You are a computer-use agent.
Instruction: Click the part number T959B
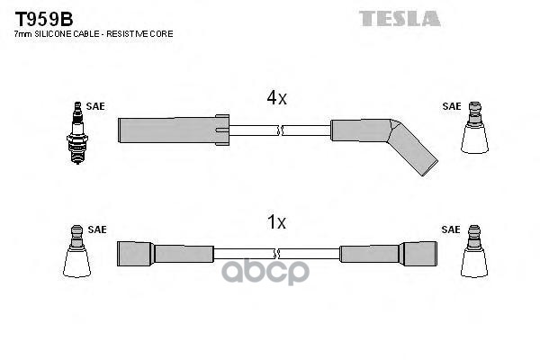coord(42,17)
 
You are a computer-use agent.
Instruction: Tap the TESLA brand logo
coord(400,17)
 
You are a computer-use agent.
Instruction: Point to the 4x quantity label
coord(276,98)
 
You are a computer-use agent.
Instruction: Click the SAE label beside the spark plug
coord(96,106)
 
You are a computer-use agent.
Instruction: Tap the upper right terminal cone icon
coord(474,130)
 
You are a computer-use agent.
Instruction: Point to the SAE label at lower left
coord(96,229)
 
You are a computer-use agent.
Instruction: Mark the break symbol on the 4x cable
coord(280,130)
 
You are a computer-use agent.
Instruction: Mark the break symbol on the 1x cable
coord(280,254)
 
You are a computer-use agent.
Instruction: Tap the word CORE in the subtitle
coord(162,34)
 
